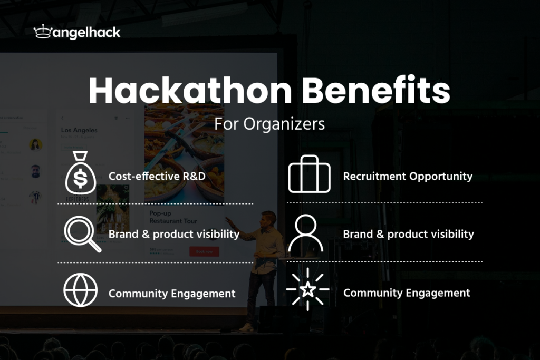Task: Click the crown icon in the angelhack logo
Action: click(42, 32)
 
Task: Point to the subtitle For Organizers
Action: click(269, 123)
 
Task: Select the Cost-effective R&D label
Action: click(157, 177)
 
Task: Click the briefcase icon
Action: click(309, 174)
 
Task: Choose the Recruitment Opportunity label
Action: click(408, 177)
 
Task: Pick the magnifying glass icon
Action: click(82, 233)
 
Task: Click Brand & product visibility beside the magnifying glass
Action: click(174, 234)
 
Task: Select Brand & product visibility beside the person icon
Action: click(408, 234)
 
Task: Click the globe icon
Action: click(80, 290)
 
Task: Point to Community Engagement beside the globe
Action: click(172, 294)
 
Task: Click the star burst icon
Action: click(308, 289)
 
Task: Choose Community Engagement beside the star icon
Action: click(407, 293)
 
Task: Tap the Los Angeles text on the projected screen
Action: click(79, 130)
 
